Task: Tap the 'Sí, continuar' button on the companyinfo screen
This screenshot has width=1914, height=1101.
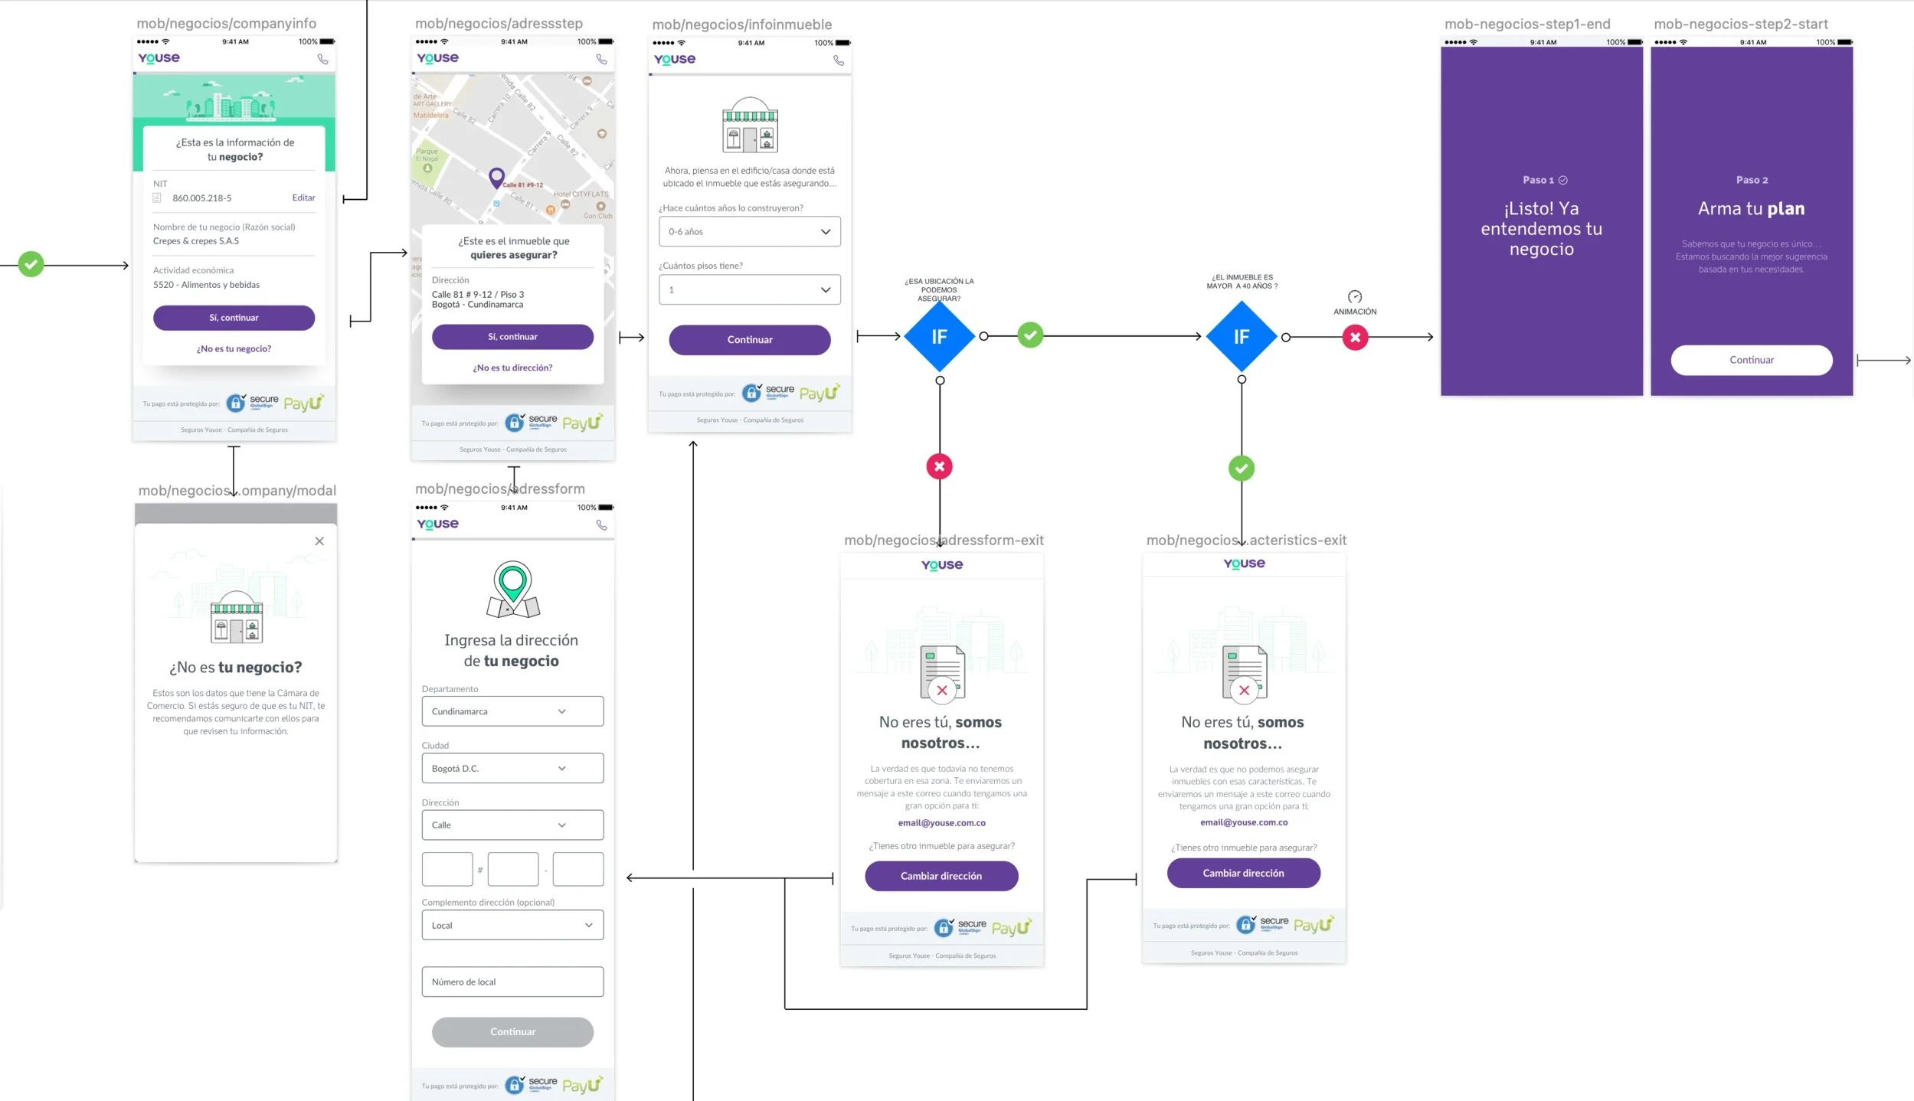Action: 234,318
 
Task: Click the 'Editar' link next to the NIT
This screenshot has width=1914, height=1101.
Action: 303,198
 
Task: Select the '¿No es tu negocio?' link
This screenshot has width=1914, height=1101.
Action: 234,349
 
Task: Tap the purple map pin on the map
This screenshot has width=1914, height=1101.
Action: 496,178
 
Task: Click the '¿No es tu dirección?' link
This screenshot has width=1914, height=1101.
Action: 512,368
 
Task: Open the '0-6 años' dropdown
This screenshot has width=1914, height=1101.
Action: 749,231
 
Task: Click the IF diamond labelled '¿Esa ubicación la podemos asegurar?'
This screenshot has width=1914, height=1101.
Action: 939,337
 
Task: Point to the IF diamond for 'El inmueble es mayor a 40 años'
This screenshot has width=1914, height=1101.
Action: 1241,337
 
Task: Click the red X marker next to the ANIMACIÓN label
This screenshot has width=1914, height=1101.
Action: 1355,338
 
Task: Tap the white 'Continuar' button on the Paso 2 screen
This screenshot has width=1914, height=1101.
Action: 1751,360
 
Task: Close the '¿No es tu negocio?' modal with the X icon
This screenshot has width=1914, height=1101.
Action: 319,541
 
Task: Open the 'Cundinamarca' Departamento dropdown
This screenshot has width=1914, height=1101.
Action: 512,711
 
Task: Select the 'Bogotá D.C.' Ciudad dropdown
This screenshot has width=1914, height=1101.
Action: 512,769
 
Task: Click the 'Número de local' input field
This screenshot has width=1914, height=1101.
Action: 512,982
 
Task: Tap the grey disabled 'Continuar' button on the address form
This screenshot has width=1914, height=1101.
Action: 512,1032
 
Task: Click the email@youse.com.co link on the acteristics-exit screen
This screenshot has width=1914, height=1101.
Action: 1244,822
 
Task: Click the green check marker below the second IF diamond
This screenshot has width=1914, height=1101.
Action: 1242,468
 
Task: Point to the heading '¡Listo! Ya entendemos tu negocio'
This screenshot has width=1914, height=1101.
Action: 1541,229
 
